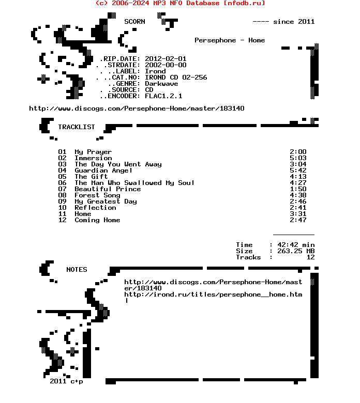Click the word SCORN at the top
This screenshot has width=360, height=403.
point(134,22)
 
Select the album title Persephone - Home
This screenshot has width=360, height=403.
point(230,40)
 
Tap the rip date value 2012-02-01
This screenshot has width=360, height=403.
point(166,59)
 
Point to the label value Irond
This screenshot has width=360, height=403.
point(155,71)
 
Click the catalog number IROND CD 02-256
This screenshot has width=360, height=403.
point(176,78)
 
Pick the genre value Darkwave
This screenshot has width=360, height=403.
point(161,84)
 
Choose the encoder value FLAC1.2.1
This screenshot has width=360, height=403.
point(163,96)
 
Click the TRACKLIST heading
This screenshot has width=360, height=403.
point(77,127)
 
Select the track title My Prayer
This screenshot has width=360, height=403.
point(93,152)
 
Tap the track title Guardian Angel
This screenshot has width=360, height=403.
point(103,171)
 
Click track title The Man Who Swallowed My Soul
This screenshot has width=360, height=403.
point(134,183)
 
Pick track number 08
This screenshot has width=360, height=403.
point(62,195)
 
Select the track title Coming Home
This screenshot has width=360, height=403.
point(97,220)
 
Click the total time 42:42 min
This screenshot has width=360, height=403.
point(296,245)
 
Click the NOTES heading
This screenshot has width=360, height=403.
point(77,270)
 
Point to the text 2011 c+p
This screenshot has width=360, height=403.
point(66,381)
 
